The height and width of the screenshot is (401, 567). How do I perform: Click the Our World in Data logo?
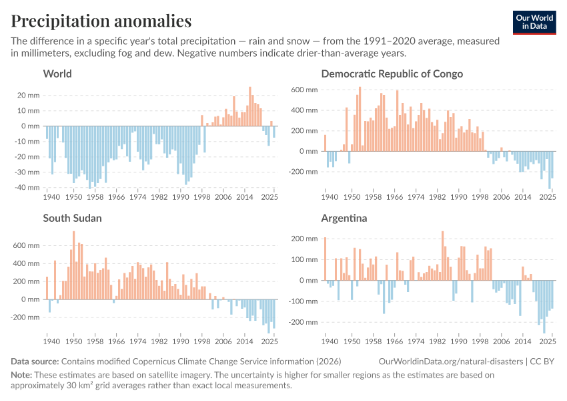(x=534, y=22)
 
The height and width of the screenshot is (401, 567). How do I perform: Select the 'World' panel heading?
(x=57, y=74)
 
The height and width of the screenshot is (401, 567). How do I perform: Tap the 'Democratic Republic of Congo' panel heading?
(x=392, y=74)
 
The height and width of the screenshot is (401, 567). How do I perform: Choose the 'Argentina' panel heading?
(x=345, y=218)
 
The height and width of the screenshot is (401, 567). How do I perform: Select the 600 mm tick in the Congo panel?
(x=307, y=90)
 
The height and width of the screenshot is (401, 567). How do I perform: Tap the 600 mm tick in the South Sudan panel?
(x=29, y=245)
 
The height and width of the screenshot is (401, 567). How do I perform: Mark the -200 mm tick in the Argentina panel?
(x=306, y=322)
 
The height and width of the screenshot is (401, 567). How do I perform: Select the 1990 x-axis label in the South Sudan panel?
(x=182, y=342)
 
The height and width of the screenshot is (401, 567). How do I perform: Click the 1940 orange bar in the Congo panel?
(x=326, y=143)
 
